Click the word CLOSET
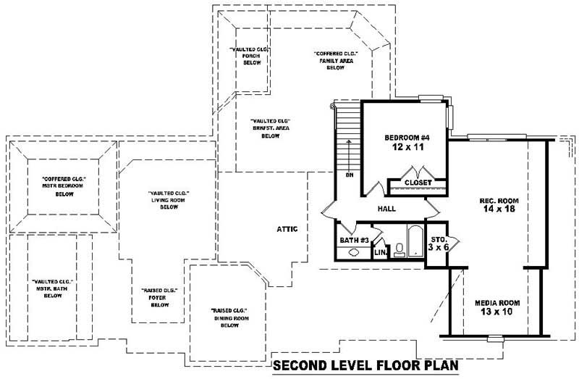click(x=418, y=183)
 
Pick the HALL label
click(x=386, y=209)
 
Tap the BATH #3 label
click(x=354, y=240)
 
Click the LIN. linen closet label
click(x=380, y=252)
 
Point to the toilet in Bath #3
click(x=399, y=250)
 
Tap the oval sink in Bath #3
click(x=354, y=253)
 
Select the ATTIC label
click(x=287, y=229)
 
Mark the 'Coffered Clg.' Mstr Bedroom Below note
click(x=64, y=186)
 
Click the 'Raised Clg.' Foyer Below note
click(x=159, y=297)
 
